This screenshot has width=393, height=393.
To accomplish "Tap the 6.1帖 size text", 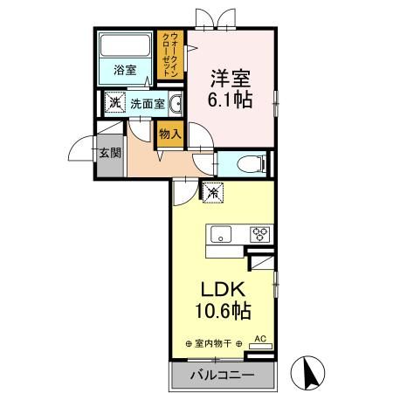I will pos(231,99).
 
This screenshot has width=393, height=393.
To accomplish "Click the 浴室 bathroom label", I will pos(123,71).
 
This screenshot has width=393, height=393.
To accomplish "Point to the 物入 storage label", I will pos(169,134).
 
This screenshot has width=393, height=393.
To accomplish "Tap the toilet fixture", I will pos(248,163).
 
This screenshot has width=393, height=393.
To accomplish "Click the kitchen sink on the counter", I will pos(220,233).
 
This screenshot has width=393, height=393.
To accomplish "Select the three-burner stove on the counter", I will pos(260,233).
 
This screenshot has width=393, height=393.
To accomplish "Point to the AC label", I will pos(259,337).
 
